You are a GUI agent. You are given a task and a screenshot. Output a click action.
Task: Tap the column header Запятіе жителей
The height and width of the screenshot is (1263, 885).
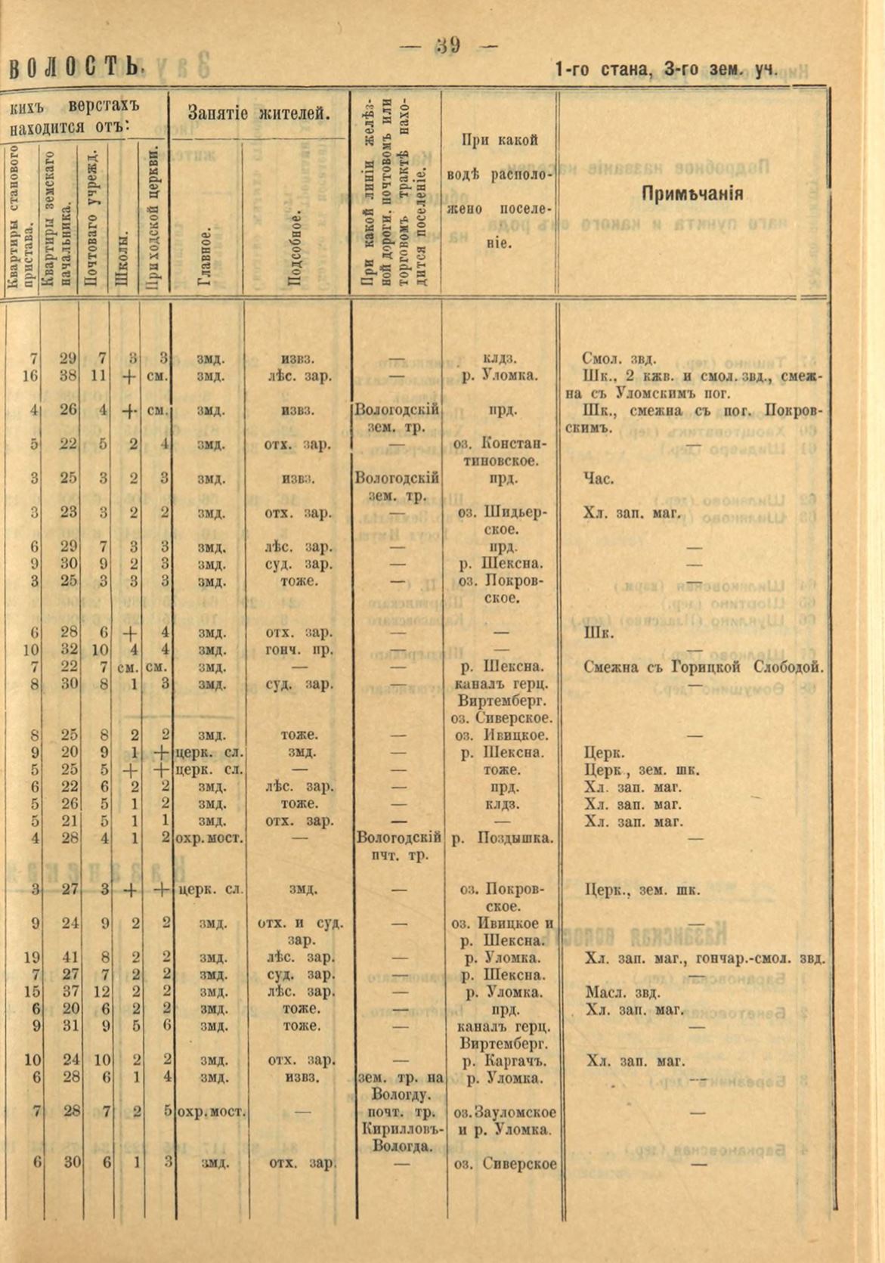[258, 115]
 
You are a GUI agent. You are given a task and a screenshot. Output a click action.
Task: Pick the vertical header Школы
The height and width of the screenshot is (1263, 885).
[122, 258]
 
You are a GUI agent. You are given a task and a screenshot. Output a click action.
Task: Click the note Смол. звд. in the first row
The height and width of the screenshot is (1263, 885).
[619, 358]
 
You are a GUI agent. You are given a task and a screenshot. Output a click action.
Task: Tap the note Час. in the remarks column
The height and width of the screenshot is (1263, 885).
[599, 478]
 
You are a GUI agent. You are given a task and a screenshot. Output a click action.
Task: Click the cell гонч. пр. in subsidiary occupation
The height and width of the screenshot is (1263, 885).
[301, 650]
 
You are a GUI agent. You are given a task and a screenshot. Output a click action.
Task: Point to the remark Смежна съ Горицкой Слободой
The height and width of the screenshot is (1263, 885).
[703, 667]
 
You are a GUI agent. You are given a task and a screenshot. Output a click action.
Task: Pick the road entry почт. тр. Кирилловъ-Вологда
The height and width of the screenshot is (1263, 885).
[398, 1128]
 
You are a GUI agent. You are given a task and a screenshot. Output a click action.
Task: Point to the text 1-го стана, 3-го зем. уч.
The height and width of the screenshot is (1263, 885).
[666, 70]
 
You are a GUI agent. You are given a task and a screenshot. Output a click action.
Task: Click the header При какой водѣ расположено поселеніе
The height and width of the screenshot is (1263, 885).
[499, 192]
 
